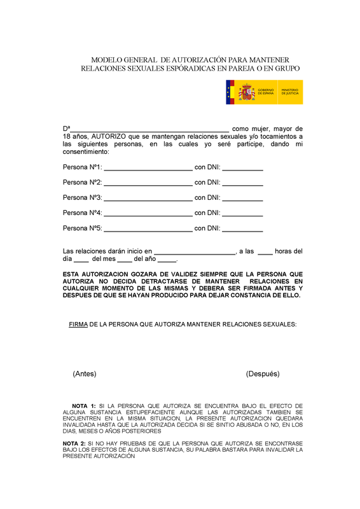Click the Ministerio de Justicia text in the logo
(290, 93)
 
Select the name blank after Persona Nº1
(148, 169)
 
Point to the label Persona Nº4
(82, 213)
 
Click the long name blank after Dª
(149, 130)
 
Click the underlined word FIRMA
(78, 324)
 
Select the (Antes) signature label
(85, 373)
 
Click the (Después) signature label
(262, 373)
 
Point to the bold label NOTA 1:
(84, 406)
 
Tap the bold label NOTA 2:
(74, 443)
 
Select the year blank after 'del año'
(167, 260)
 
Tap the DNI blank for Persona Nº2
(242, 184)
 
